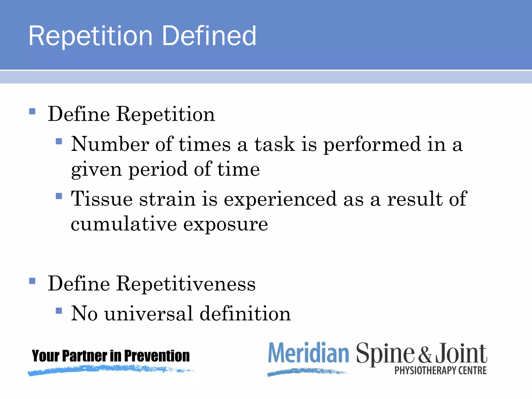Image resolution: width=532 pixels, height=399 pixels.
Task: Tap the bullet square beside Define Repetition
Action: [x=32, y=111]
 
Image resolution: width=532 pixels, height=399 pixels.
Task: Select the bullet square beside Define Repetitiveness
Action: [x=32, y=281]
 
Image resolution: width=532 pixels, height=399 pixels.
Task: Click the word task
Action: [x=275, y=144]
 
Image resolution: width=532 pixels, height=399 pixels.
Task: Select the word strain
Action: [x=167, y=199]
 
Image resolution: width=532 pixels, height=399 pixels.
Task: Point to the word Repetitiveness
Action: [x=186, y=283]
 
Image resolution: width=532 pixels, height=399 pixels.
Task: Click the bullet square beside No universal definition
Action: [x=59, y=311]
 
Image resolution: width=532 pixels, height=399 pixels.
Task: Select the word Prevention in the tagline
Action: [x=157, y=356]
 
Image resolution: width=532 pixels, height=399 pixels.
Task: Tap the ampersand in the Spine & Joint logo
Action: [x=425, y=354]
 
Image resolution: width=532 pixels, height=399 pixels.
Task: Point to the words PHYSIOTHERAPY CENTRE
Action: [x=441, y=370]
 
